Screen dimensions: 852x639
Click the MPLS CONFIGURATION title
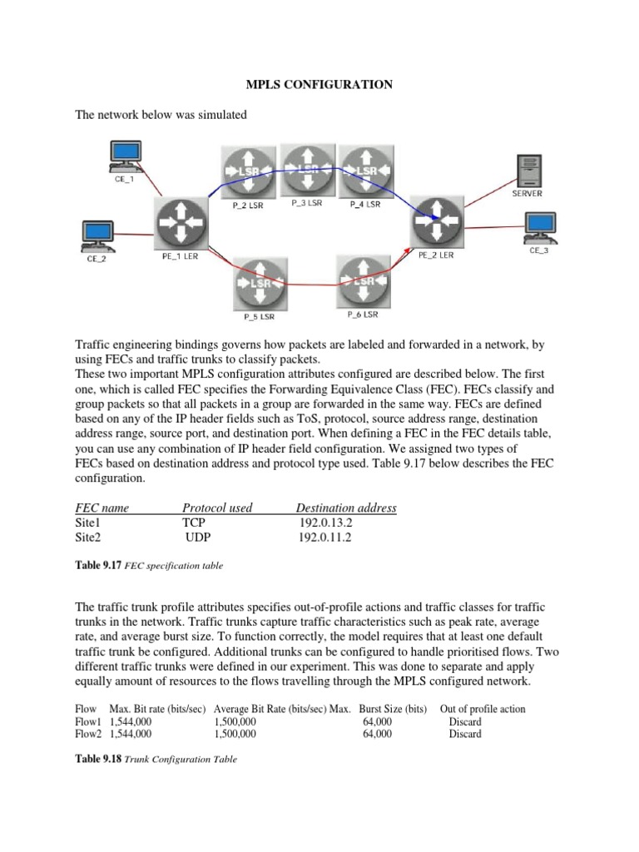[x=319, y=85]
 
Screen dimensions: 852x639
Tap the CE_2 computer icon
[x=97, y=235]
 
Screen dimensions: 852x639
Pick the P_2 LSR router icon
[x=247, y=172]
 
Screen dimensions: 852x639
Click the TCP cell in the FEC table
[x=194, y=523]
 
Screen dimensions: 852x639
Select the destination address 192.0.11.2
[x=325, y=537]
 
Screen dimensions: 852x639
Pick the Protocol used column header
[x=217, y=508]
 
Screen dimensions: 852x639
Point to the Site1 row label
[x=87, y=523]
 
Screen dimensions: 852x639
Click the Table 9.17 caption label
[x=98, y=565]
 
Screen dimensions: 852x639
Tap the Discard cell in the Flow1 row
[x=465, y=722]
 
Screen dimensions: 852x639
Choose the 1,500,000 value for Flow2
[x=235, y=735]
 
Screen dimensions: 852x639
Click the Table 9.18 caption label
[x=98, y=759]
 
